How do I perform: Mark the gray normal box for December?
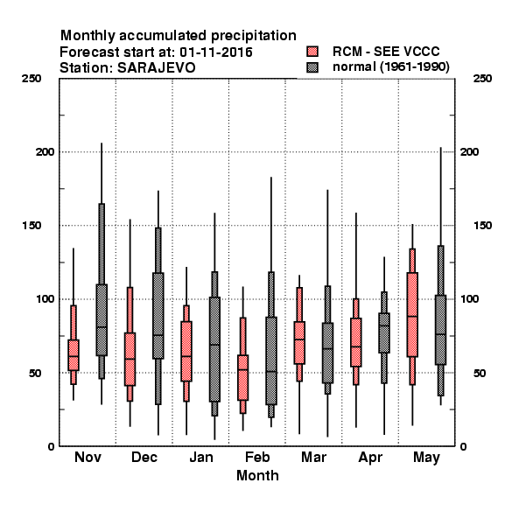[x=158, y=316]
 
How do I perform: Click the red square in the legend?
[x=312, y=52]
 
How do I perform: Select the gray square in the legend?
[x=312, y=67]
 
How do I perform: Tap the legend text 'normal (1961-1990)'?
[x=390, y=67]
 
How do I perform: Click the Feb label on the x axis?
[x=257, y=457]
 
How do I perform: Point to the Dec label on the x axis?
[x=144, y=457]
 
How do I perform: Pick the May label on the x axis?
[x=426, y=458]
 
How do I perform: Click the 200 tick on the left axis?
[x=45, y=151]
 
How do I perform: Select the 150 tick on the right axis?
[x=482, y=226]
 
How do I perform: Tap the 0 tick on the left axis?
[x=51, y=446]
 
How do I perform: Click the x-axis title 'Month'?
[x=257, y=475]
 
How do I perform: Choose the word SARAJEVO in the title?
[x=156, y=67]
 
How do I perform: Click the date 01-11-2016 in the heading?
[x=216, y=52]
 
